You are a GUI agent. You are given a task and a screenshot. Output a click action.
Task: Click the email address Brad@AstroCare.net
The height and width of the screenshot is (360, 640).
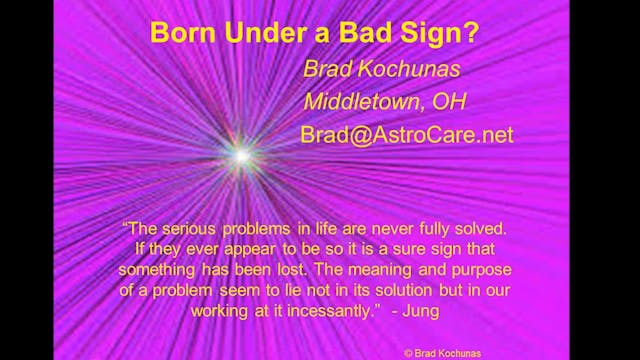pyautogui.click(x=406, y=134)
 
